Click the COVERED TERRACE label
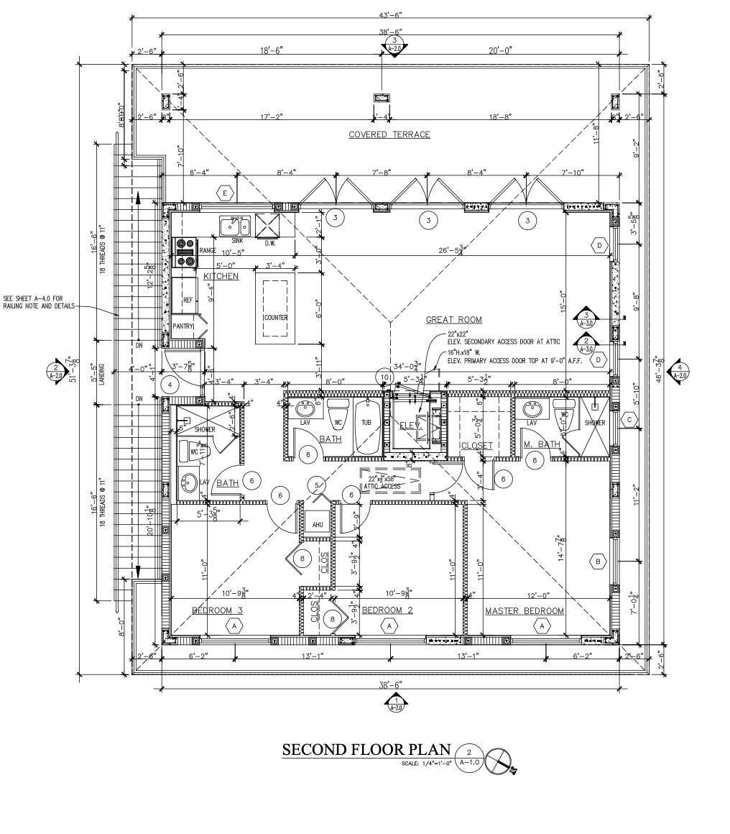pyautogui.click(x=389, y=134)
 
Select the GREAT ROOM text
pyautogui.click(x=453, y=320)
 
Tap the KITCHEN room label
pyautogui.click(x=221, y=276)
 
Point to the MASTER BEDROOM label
pyautogui.click(x=524, y=611)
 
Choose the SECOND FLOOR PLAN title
pyautogui.click(x=366, y=750)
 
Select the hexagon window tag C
pyautogui.click(x=629, y=420)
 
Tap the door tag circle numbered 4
pyautogui.click(x=170, y=385)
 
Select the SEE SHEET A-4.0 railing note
pyautogui.click(x=37, y=302)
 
